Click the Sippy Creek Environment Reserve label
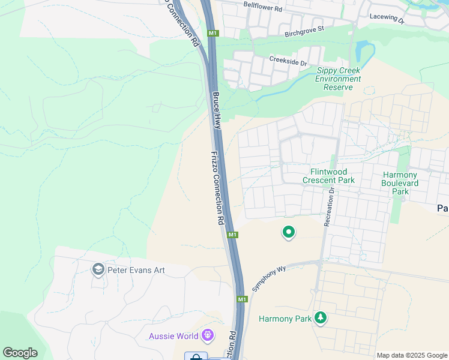click(x=339, y=79)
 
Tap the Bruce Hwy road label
click(x=216, y=109)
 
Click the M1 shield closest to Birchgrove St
click(x=213, y=33)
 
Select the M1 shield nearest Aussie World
click(x=242, y=299)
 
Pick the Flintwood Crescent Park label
click(x=328, y=176)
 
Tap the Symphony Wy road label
click(x=267, y=278)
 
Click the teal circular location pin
click(x=289, y=232)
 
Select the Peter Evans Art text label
click(x=136, y=270)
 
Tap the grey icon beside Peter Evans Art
click(x=98, y=269)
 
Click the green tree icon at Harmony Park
click(x=321, y=317)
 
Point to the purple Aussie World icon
click(x=208, y=335)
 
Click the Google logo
click(x=20, y=353)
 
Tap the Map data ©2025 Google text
click(x=411, y=355)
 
